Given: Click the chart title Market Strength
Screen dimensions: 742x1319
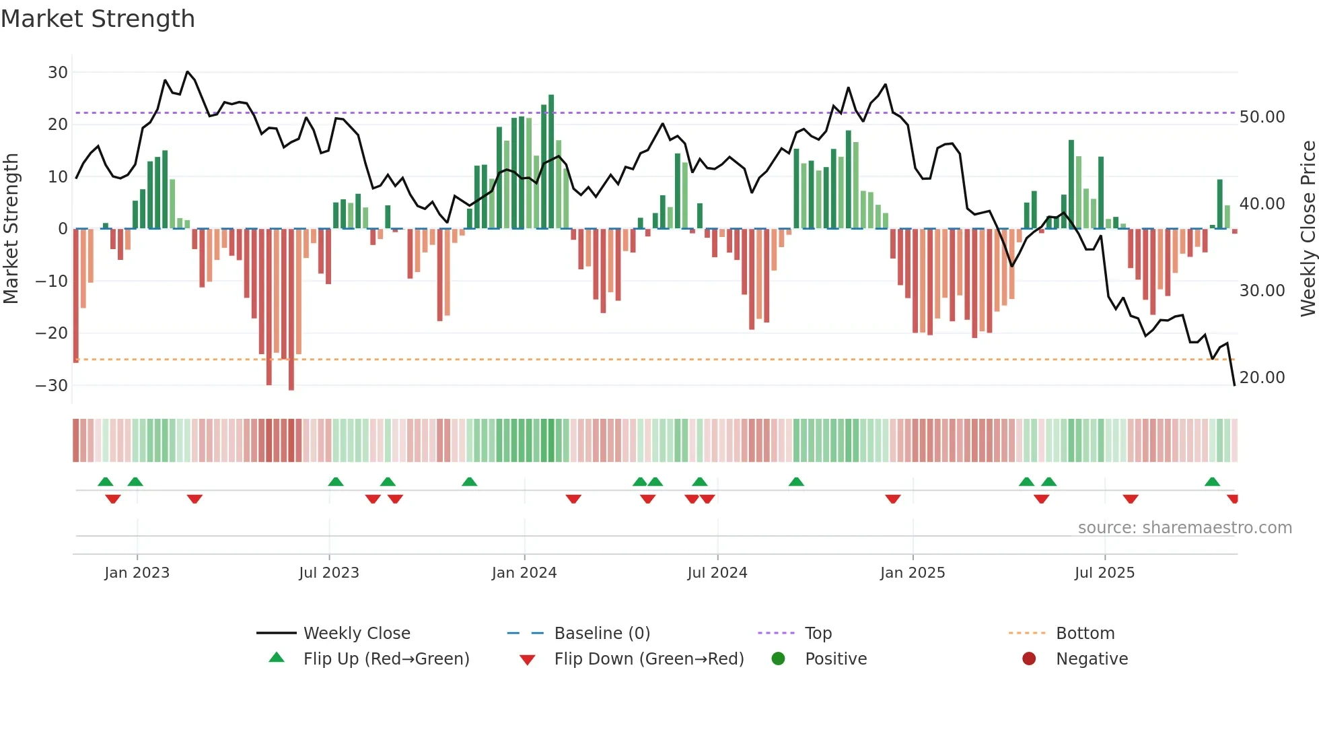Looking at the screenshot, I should point(98,19).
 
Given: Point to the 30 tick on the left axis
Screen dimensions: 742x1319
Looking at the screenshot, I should point(58,73).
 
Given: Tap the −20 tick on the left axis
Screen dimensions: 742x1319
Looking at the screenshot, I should point(52,333).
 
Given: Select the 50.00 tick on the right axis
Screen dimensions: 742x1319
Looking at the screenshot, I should point(1262,117).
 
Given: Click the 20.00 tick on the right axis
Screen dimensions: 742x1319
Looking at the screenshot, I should point(1262,378).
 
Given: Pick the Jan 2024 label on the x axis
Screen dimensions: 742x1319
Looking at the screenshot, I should point(524,573).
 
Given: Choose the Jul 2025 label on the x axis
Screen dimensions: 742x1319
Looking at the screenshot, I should point(1104,573).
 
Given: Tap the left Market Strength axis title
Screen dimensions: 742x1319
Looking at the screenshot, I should point(11,229).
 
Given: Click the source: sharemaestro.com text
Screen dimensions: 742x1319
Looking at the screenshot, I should point(1184,528).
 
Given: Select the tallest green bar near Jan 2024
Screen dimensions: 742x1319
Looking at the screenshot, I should point(551,162).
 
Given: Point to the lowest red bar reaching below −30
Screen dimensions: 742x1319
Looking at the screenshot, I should point(291,310).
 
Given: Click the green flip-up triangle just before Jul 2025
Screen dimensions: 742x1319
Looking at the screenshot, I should point(1048,482).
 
